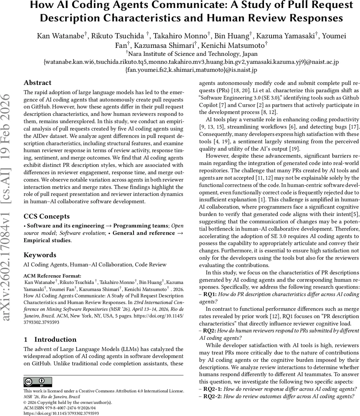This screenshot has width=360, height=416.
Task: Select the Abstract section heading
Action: coord(37,83)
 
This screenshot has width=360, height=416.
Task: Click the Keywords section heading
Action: coord(40,255)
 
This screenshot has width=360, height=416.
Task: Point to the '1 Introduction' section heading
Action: coord(50,339)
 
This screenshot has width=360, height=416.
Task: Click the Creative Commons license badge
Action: coord(38,382)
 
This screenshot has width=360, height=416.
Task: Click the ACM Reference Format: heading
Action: coord(52,276)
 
